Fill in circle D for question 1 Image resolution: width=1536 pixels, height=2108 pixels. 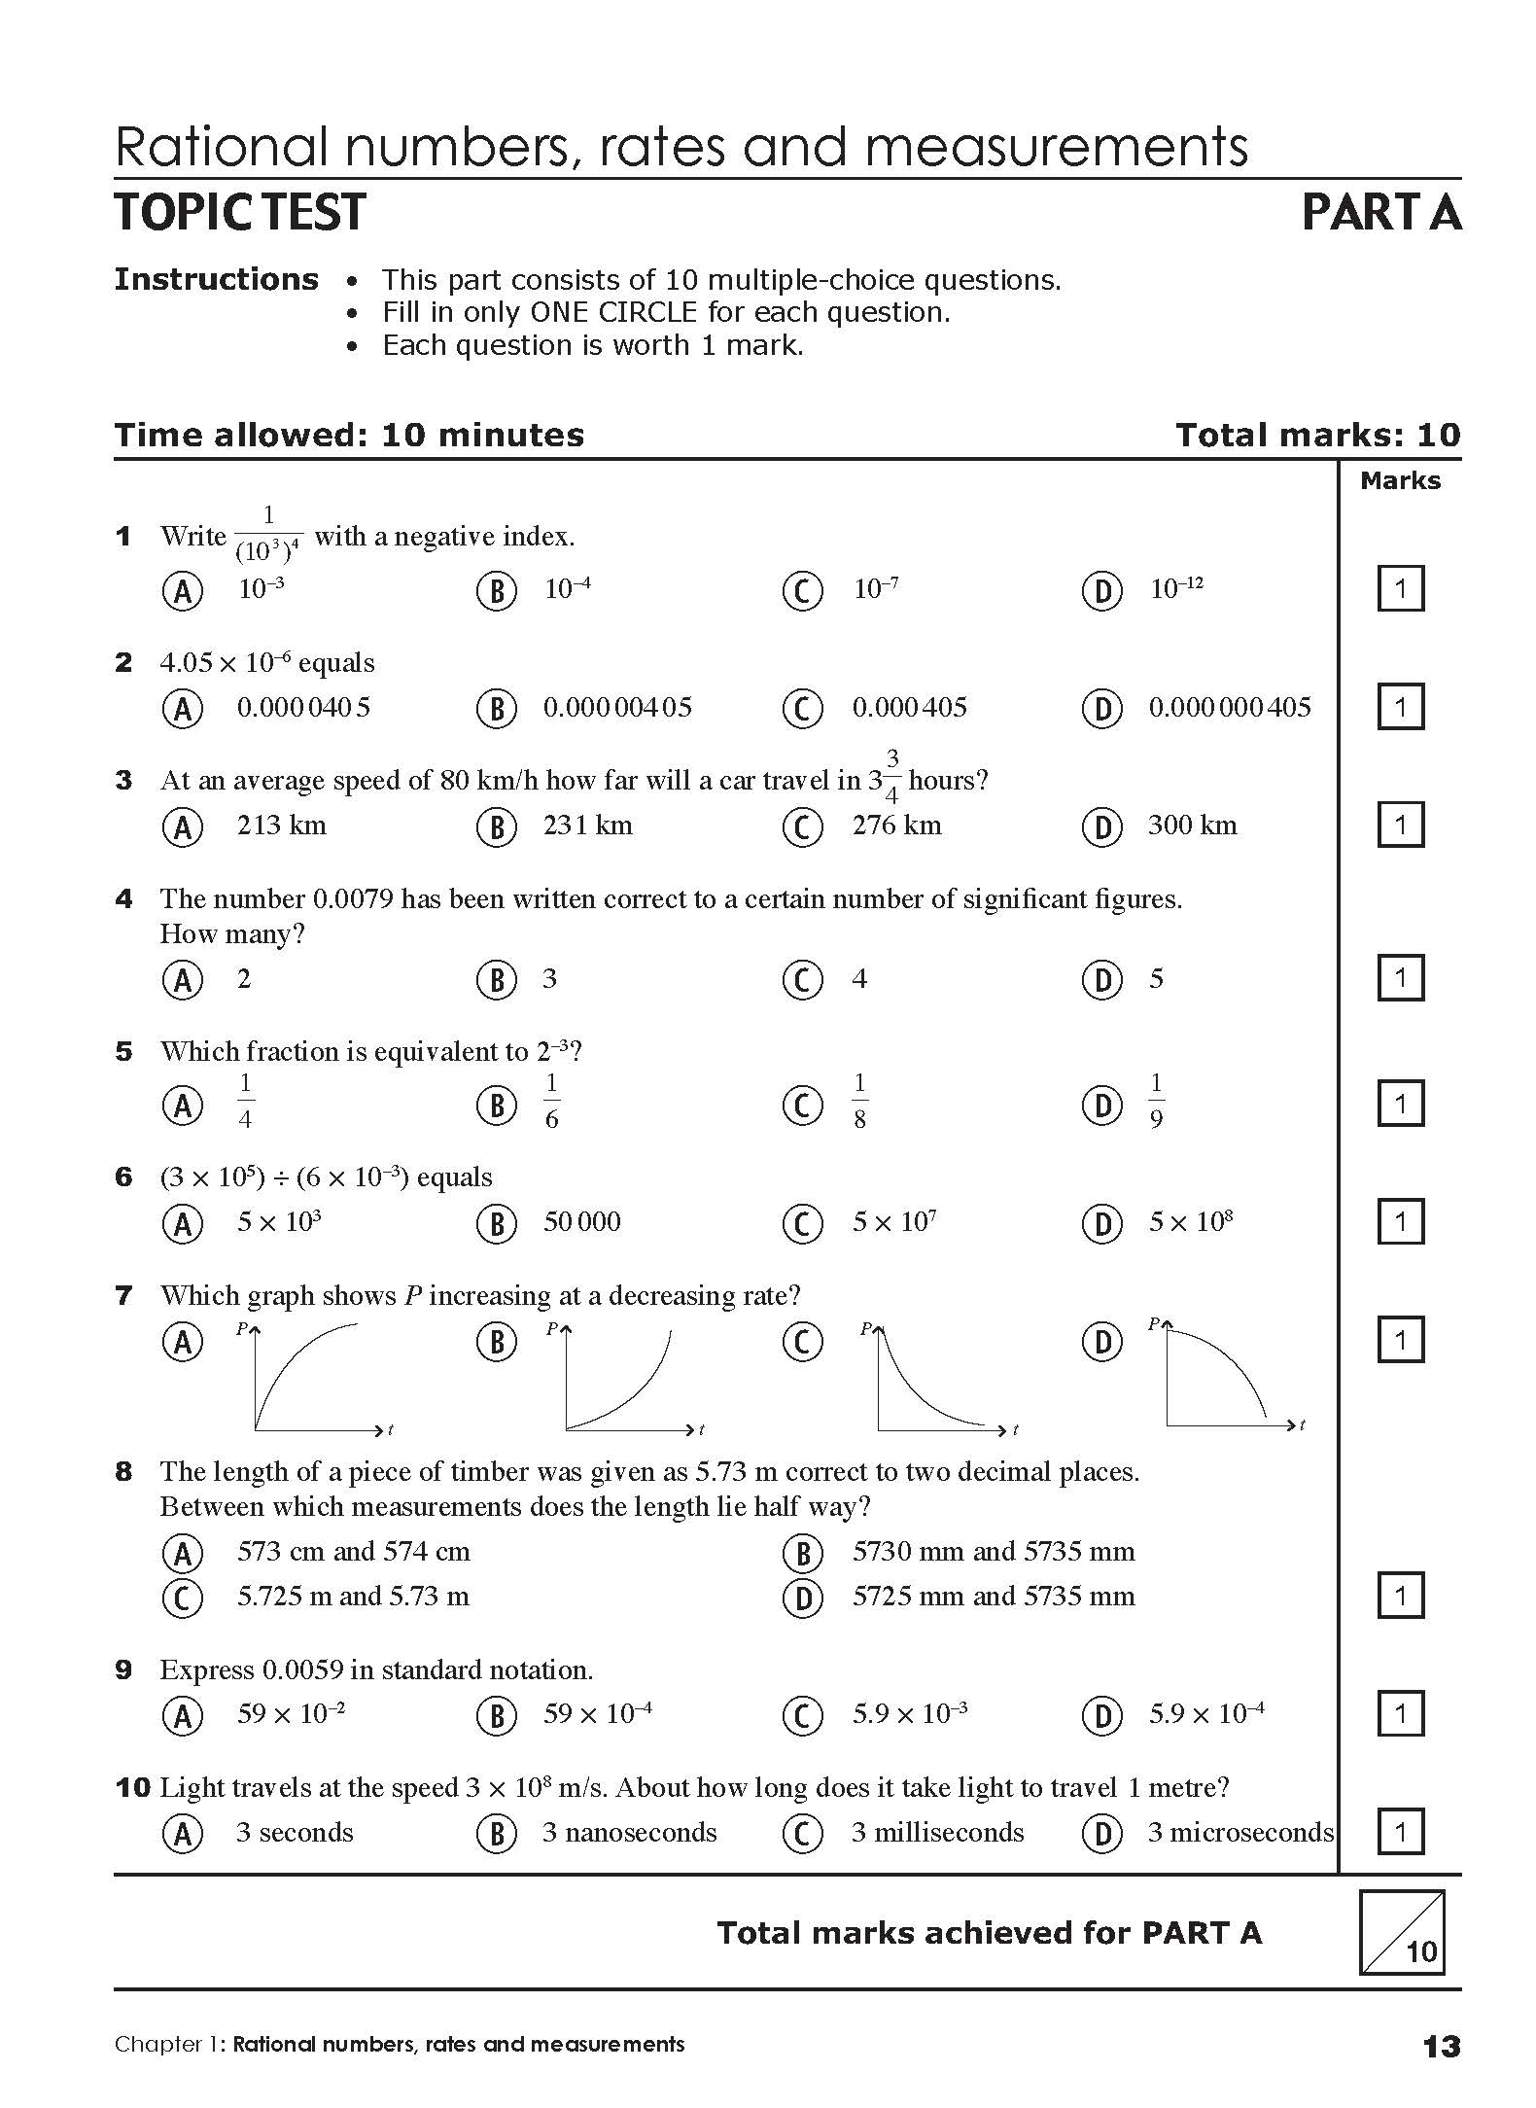click(x=1101, y=590)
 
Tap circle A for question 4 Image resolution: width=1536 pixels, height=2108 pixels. click(x=182, y=979)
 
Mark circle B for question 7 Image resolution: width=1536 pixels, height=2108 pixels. click(x=496, y=1342)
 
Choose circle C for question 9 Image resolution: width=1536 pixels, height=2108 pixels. click(x=802, y=1714)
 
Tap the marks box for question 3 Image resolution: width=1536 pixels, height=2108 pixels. click(x=1400, y=825)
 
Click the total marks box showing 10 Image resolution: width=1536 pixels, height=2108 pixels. click(x=1401, y=1931)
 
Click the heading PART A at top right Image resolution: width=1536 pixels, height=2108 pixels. click(x=1380, y=212)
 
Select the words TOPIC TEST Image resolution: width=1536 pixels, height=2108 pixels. click(x=240, y=212)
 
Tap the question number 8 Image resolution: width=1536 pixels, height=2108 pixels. click(x=123, y=1471)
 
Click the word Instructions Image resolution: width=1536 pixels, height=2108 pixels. click(x=216, y=280)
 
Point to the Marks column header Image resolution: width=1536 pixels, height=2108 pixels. click(x=1400, y=480)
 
